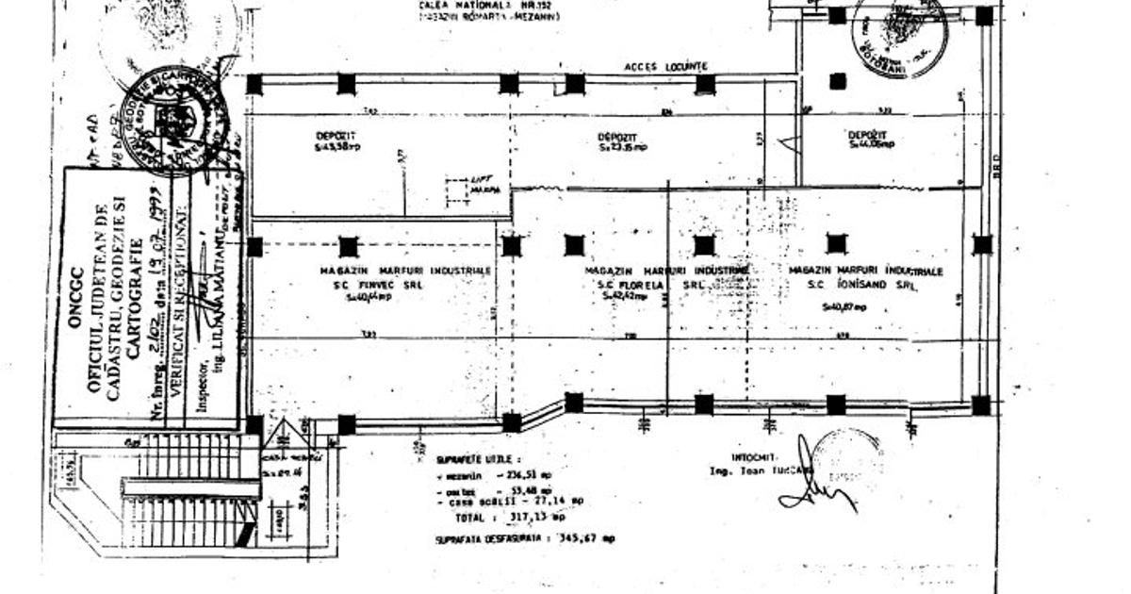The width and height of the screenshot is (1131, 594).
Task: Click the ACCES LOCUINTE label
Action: click(665, 67)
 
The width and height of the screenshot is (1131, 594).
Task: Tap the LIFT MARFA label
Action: click(484, 187)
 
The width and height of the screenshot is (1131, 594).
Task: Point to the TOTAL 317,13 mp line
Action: click(509, 518)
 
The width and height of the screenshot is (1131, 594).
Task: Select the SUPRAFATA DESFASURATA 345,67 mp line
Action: click(524, 538)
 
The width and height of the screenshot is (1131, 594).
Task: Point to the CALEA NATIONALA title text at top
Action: click(489, 6)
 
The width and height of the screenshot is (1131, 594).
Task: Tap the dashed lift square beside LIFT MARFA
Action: click(457, 191)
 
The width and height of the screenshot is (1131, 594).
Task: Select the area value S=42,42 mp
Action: click(626, 295)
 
